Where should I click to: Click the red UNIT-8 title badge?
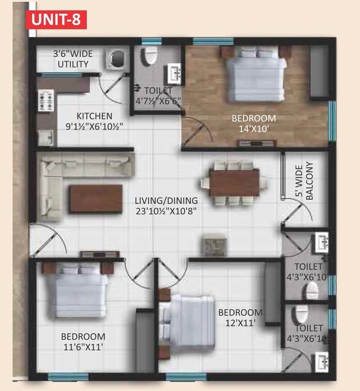pyautogui.click(x=56, y=20)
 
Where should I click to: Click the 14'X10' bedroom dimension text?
pyautogui.click(x=253, y=128)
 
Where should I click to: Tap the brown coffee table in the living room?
pyautogui.click(x=95, y=198)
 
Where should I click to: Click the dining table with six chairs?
pyautogui.click(x=234, y=183)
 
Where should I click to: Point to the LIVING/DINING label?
pyautogui.click(x=166, y=200)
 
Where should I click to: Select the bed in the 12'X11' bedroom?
pyautogui.click(x=189, y=321)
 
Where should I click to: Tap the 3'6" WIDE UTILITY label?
pyautogui.click(x=73, y=59)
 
